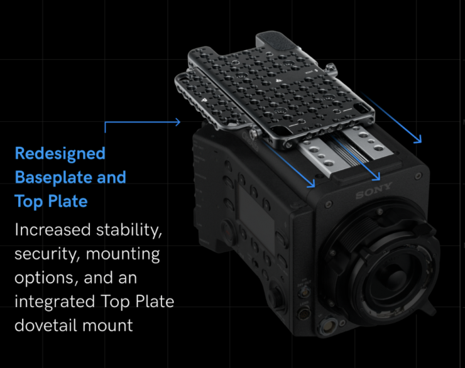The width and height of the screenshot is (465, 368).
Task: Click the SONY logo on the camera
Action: click(x=374, y=191)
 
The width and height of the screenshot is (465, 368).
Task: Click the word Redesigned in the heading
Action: click(x=60, y=153)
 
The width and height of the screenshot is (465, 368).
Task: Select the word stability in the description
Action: click(x=129, y=230)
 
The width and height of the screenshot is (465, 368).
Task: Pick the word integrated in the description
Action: click(x=55, y=302)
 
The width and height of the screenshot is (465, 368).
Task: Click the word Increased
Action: click(x=53, y=230)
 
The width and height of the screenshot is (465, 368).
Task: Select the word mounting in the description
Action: click(x=123, y=254)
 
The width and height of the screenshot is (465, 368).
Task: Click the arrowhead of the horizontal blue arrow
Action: click(x=178, y=122)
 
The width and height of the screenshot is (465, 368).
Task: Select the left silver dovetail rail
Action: click(x=323, y=157)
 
